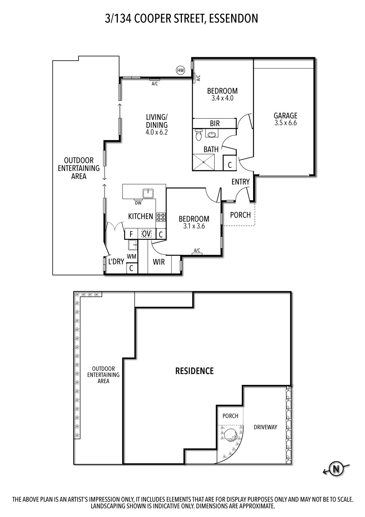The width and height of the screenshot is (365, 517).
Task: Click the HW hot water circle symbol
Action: (x=180, y=70)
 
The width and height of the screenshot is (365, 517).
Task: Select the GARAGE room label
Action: (x=285, y=115)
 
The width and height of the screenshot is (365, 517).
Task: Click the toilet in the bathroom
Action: (x=198, y=135)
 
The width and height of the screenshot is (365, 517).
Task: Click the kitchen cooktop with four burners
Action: (x=161, y=217)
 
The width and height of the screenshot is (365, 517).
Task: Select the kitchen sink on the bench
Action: (x=148, y=193)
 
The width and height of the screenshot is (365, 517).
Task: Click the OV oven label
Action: (x=146, y=234)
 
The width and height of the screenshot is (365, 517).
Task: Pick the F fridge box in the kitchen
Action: (x=131, y=234)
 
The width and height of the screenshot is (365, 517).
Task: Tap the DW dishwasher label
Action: (x=138, y=203)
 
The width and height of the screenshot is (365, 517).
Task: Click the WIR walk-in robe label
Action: (x=159, y=262)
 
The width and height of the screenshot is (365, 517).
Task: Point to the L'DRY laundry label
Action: (x=116, y=262)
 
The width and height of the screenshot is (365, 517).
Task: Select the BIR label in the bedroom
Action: (x=215, y=123)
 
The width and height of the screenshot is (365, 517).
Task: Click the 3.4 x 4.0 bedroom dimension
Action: (x=222, y=98)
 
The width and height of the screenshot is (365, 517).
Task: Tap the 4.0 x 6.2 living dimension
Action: (x=157, y=132)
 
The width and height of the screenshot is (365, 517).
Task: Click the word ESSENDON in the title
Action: (x=233, y=19)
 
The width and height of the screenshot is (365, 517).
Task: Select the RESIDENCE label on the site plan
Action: (x=194, y=371)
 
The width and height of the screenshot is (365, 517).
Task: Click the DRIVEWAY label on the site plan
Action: (x=265, y=427)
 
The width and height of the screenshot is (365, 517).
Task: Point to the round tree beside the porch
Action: (x=231, y=435)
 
